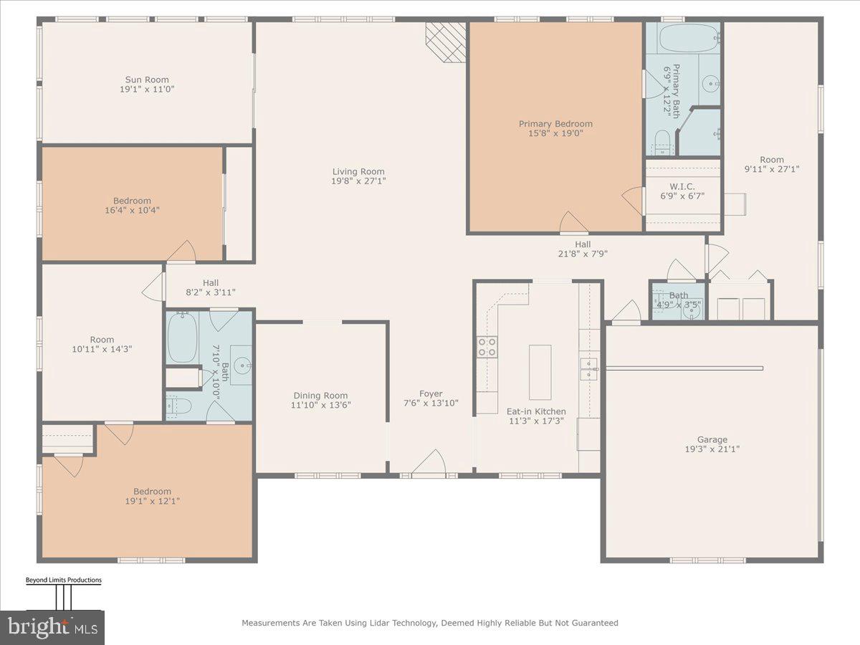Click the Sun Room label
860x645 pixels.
click(x=146, y=80)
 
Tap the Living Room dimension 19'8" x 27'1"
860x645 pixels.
click(x=358, y=181)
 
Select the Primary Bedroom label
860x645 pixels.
click(x=555, y=124)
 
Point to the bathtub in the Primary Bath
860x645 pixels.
click(x=688, y=37)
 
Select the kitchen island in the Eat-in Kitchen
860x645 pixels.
click(x=540, y=372)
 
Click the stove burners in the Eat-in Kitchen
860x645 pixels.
click(x=487, y=347)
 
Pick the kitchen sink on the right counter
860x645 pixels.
click(x=589, y=369)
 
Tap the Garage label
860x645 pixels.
click(x=712, y=439)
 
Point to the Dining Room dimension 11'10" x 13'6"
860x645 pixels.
click(x=320, y=405)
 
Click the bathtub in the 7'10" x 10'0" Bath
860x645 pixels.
click(x=181, y=338)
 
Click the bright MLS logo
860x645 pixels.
click(x=52, y=627)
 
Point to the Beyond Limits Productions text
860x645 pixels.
click(x=63, y=580)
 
